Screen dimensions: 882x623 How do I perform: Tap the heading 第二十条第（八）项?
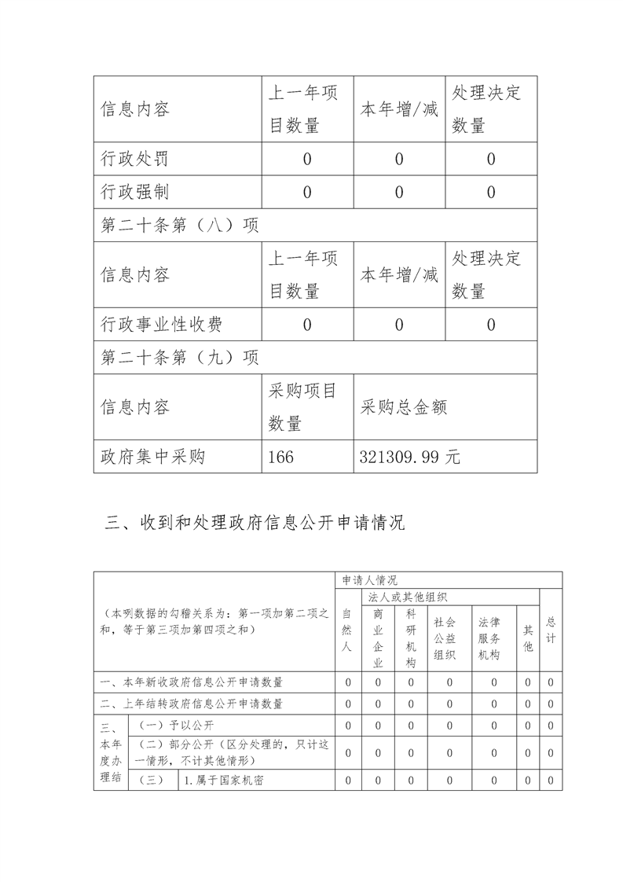[x=181, y=226]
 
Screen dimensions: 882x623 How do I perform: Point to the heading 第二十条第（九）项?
[x=181, y=358]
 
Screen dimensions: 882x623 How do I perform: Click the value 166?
[x=282, y=457]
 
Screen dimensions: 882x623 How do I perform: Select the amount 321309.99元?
[x=409, y=457]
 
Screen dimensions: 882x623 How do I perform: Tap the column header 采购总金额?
[x=404, y=407]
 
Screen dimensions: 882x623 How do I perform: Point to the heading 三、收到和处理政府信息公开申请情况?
[x=255, y=523]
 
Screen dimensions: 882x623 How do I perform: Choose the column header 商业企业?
[x=378, y=638]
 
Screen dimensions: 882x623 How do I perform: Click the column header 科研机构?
[x=410, y=638]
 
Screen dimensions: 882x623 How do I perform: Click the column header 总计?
[x=551, y=629]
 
